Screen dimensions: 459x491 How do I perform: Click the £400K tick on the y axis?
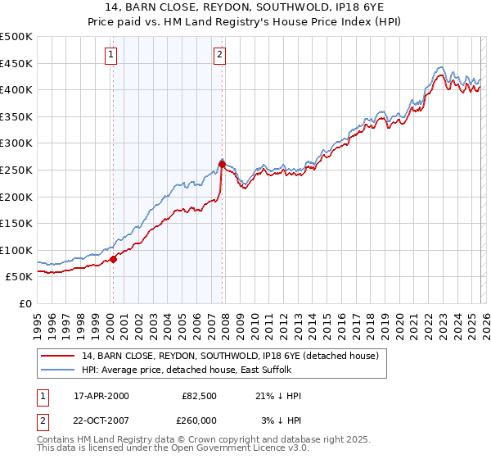click(x=16, y=90)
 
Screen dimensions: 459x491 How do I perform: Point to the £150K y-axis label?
click(x=16, y=223)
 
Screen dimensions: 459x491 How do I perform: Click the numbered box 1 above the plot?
click(x=111, y=55)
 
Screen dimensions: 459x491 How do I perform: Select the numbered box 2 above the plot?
click(x=220, y=55)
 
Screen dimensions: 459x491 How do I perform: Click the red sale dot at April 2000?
click(x=113, y=259)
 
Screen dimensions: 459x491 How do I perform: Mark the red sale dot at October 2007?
click(x=222, y=165)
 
